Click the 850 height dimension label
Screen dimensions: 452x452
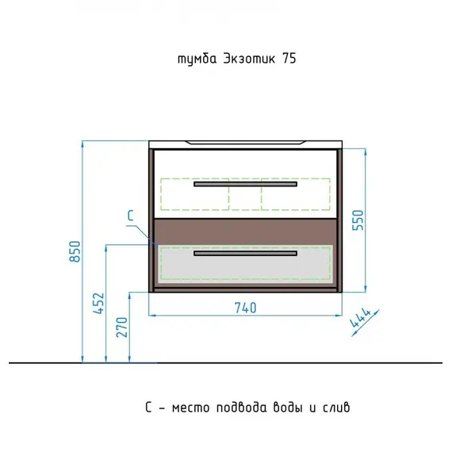pos(75,251)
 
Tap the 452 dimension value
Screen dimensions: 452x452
pos(98,303)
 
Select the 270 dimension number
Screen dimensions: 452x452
pos(122,328)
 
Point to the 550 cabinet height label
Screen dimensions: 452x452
pos(358,220)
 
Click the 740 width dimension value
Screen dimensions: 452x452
pos(245,308)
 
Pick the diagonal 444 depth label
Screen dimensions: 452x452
pos(360,318)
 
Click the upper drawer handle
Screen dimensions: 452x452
pos(245,184)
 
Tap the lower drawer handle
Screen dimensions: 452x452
pos(245,254)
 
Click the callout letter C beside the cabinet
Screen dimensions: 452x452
pos(131,216)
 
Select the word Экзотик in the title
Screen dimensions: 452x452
pos(249,59)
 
